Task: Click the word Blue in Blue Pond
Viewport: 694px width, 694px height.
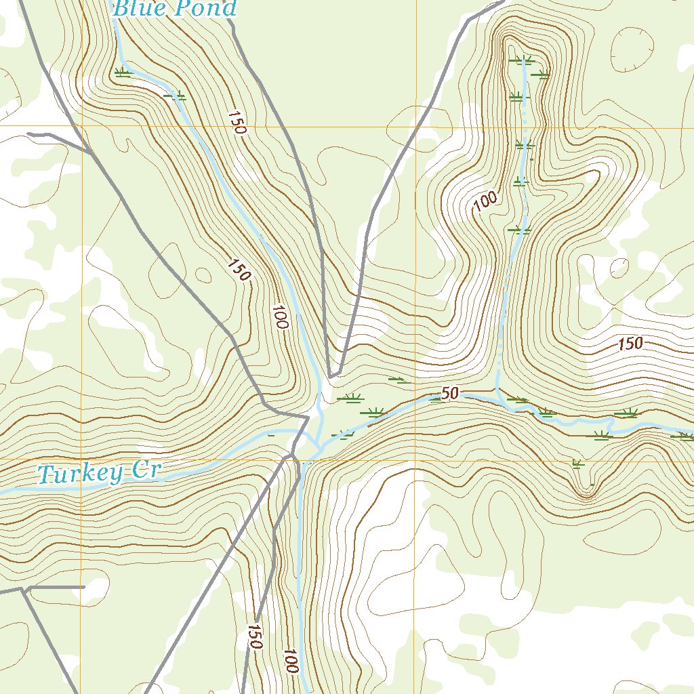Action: coord(136,9)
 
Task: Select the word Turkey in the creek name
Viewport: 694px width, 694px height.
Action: coord(81,474)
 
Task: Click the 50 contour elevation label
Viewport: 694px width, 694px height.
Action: coord(449,394)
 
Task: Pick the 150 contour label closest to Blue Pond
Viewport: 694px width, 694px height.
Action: coord(236,123)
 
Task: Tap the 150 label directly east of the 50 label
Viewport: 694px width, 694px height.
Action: coord(630,344)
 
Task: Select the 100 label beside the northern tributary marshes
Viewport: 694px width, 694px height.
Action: coord(485,201)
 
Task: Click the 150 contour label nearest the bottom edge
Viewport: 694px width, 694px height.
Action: coord(254,637)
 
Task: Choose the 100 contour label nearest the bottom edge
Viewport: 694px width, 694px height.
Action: coord(291,661)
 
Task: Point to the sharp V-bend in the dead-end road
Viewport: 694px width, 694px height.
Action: coord(333,375)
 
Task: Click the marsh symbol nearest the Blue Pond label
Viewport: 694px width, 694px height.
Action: coord(122,72)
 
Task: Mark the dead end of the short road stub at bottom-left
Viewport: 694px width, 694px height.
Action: coord(83,587)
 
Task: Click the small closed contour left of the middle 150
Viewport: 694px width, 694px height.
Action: coord(203,274)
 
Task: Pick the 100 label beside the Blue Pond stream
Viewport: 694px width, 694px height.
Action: coord(281,317)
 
